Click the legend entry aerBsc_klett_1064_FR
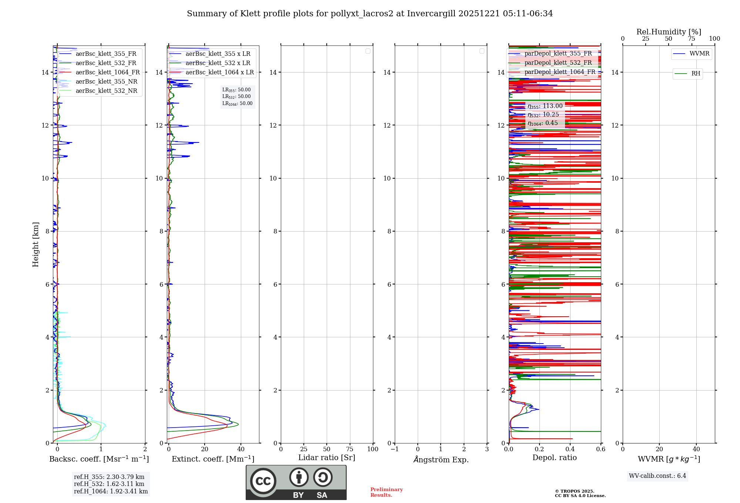pos(108,72)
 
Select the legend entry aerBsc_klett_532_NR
pos(106,91)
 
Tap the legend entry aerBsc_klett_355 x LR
pos(218,54)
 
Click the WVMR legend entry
pos(699,54)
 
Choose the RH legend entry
pos(696,74)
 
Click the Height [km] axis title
pos(36,244)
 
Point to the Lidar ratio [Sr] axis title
pos(327,458)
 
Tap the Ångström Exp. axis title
pos(441,460)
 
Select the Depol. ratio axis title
pos(554,458)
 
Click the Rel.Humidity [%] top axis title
pos(669,32)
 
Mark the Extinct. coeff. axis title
pos(213,459)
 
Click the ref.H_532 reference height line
pos(109,484)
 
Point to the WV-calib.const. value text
pos(657,476)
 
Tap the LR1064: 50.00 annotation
pos(237,104)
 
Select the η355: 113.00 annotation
pos(545,106)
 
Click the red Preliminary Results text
pos(386,492)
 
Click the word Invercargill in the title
pos(431,14)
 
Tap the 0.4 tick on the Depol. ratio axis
pos(570,449)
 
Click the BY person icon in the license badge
pos(299,477)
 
